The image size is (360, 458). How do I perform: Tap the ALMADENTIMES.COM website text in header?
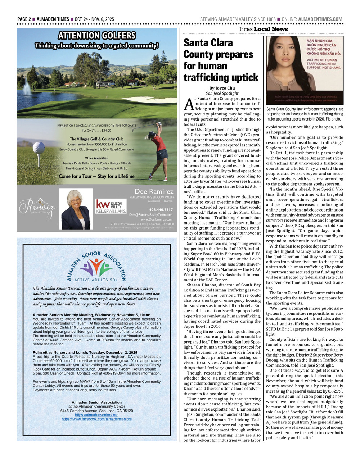pos(320,19)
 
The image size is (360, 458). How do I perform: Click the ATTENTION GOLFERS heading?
pos(97,36)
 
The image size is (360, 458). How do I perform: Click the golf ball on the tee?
pos(39,148)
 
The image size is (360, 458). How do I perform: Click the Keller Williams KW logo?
pos(111,207)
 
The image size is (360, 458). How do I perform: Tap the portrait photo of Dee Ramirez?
pos(76,209)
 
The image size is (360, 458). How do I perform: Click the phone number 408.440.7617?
pos(161,210)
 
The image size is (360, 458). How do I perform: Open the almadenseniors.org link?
pos(96,415)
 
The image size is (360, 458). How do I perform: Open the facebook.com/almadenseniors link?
pos(96,419)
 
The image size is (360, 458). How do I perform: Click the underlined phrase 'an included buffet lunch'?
pos(76,369)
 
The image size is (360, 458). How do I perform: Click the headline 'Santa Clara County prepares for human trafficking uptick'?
pos(221,60)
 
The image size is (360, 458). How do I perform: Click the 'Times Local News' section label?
pos(263,29)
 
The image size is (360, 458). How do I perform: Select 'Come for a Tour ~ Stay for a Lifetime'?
pos(96,176)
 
